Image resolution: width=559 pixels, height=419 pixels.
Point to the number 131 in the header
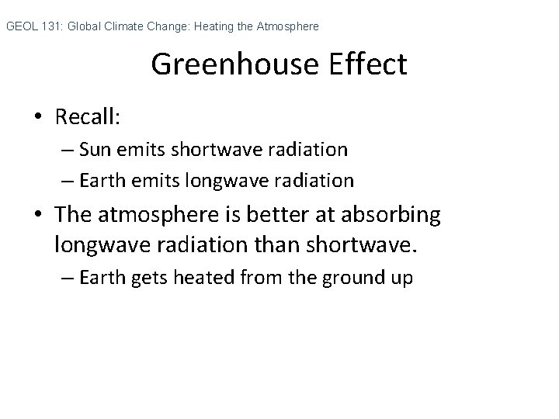[52, 27]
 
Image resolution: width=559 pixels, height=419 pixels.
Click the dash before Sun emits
[68, 149]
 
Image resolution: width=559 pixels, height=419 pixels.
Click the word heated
[195, 279]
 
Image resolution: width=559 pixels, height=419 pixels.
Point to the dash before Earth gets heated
[68, 279]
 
